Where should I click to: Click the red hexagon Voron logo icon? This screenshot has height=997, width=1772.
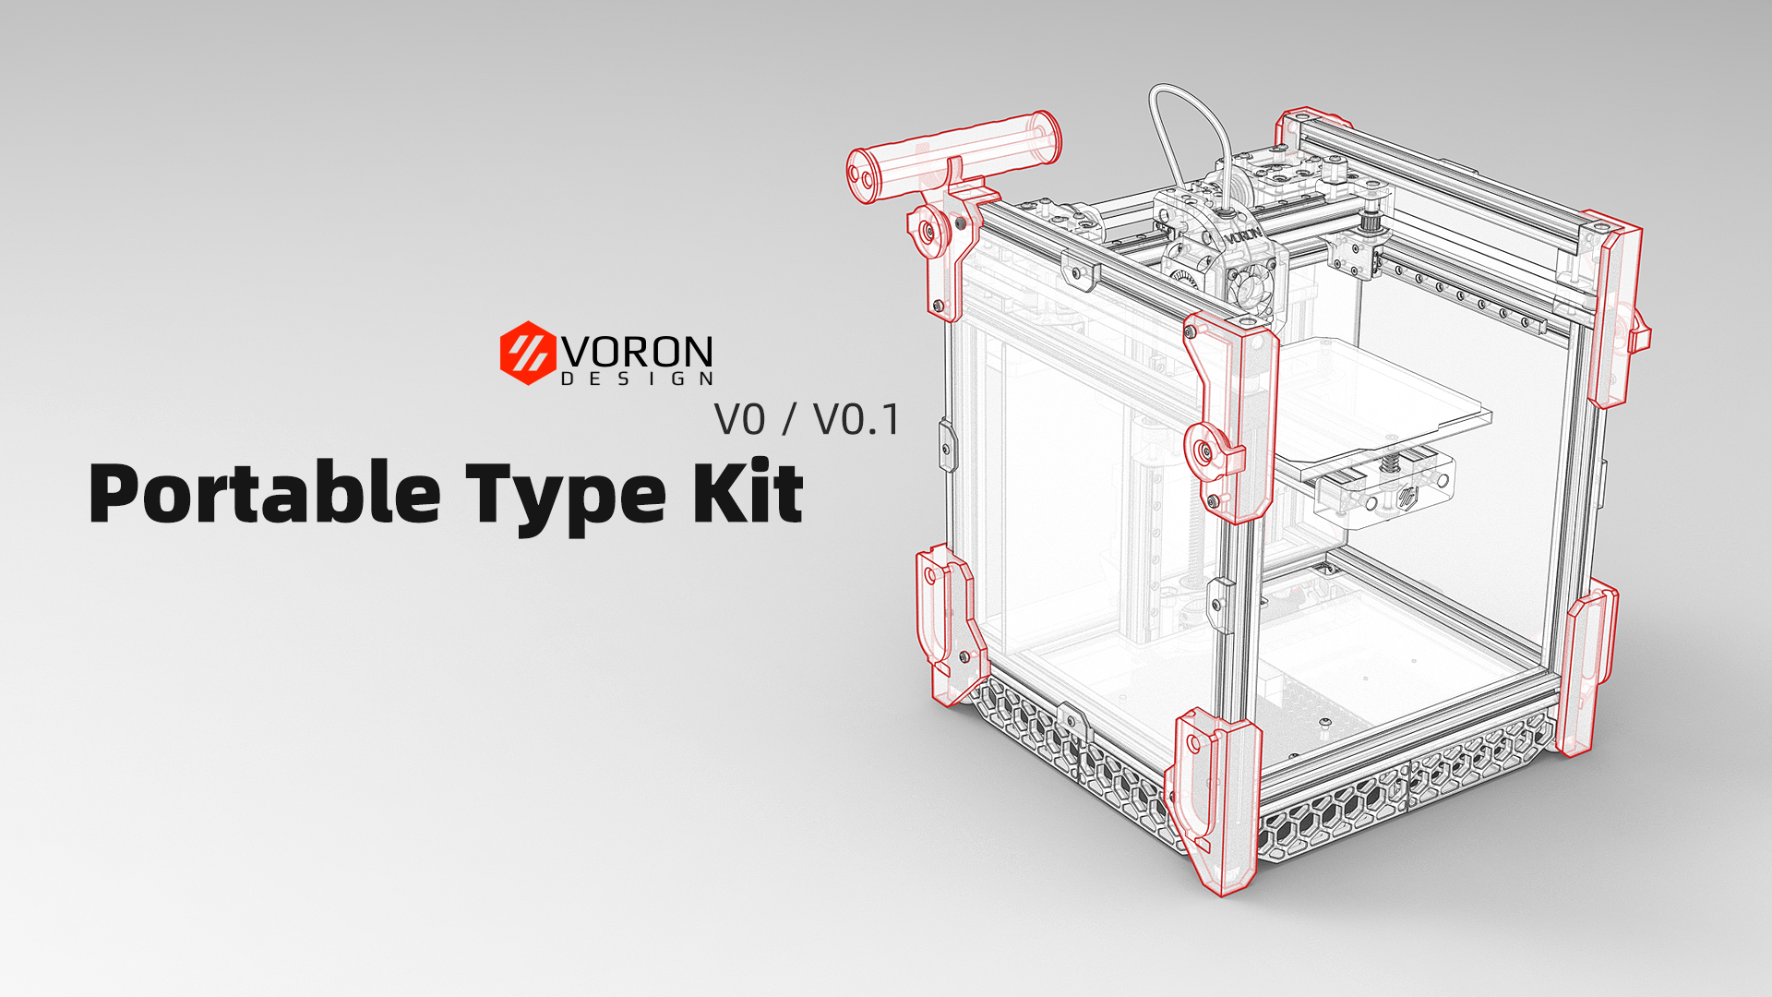click(528, 353)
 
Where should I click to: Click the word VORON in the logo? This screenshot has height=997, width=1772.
click(638, 352)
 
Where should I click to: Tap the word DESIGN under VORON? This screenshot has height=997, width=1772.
click(638, 379)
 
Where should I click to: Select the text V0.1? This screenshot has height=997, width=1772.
click(856, 420)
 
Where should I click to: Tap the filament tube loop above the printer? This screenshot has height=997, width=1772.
click(1191, 120)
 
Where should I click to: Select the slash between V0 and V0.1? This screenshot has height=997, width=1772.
click(788, 420)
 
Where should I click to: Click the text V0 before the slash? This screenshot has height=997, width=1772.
click(739, 420)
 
